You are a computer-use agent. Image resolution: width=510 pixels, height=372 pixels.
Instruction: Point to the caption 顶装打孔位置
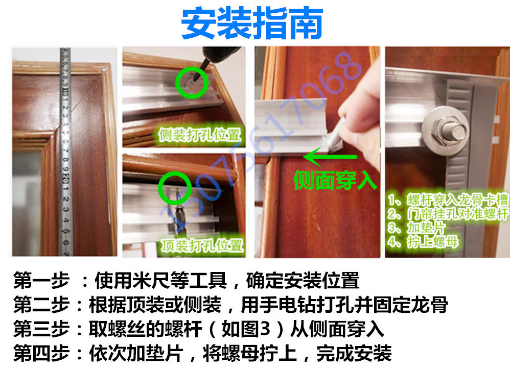[201, 245]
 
